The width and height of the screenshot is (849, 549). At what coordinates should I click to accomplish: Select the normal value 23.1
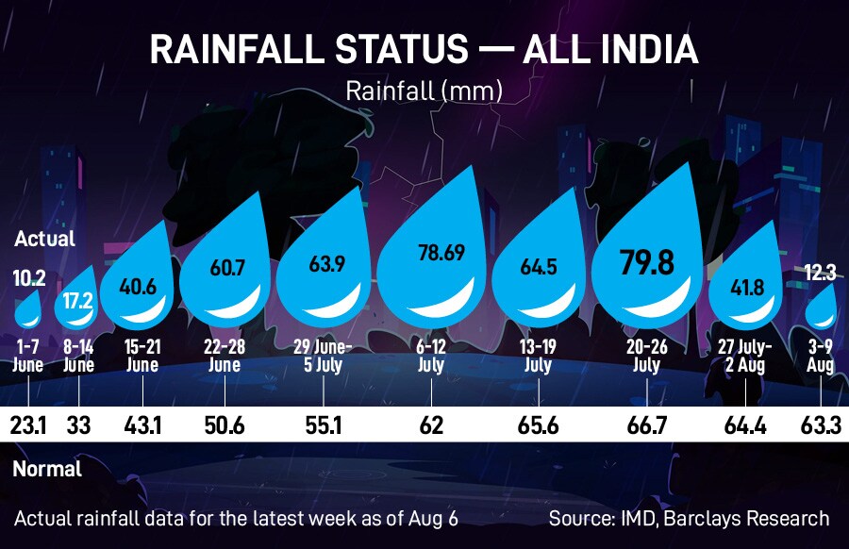(29, 426)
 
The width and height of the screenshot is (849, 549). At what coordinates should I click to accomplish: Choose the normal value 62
(431, 426)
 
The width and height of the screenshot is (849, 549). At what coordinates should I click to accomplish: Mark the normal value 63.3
(821, 426)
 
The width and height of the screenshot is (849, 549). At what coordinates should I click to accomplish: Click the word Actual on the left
(44, 240)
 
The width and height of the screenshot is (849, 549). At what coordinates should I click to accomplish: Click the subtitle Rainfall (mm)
(424, 91)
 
